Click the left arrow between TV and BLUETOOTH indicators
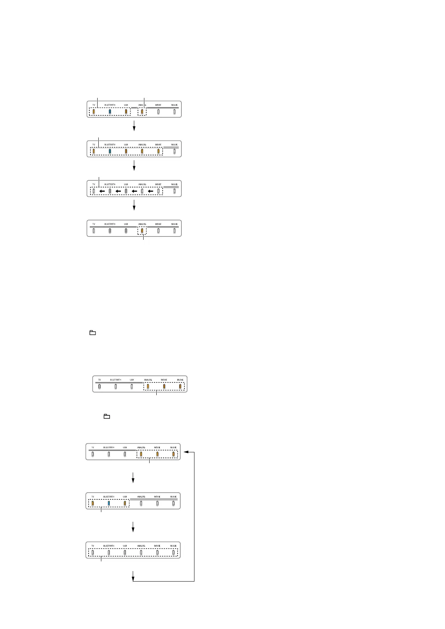tap(102, 191)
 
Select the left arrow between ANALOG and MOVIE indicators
tap(150, 191)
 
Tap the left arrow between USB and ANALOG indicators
tap(134, 191)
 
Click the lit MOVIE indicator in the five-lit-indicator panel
tap(158, 152)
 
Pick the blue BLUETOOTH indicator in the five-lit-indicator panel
tap(110, 152)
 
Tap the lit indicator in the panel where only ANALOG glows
tap(142, 231)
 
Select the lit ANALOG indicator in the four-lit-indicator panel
tap(142, 112)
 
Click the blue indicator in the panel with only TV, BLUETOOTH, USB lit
tap(109, 503)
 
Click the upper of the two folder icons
tap(93, 332)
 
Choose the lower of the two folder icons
tap(107, 416)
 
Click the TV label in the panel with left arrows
tap(94, 185)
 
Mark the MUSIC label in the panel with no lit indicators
tap(174, 546)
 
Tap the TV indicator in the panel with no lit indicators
tap(93, 552)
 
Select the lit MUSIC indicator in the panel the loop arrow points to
tap(174, 454)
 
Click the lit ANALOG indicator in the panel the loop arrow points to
tap(141, 454)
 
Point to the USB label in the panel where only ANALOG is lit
tap(126, 224)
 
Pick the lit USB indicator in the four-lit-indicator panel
tap(126, 112)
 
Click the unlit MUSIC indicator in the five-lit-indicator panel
tap(174, 152)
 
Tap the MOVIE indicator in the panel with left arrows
tap(158, 191)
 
